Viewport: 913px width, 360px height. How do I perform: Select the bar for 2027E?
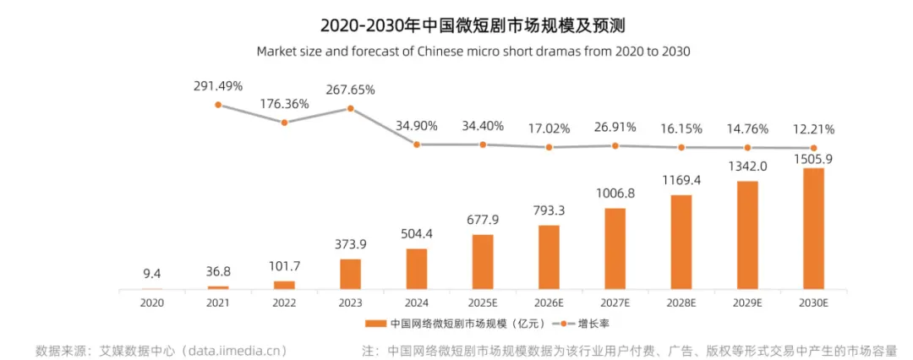(615, 248)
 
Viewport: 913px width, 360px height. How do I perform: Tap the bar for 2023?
(350, 274)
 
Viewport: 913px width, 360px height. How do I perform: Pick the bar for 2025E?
(483, 262)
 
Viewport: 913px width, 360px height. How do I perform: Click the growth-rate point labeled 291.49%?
(218, 105)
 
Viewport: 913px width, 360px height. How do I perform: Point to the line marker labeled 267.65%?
(350, 108)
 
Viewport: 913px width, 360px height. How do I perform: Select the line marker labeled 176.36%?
(284, 123)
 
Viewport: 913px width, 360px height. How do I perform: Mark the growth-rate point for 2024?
(417, 145)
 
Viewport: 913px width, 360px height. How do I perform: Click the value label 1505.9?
(813, 158)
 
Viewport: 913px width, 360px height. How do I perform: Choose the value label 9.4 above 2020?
(152, 274)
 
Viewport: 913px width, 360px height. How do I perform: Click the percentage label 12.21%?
(813, 129)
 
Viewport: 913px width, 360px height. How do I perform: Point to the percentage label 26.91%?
(615, 127)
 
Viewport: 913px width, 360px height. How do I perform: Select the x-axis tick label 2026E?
(549, 302)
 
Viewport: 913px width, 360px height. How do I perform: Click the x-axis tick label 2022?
(284, 302)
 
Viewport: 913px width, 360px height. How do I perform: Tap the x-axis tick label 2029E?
(747, 302)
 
